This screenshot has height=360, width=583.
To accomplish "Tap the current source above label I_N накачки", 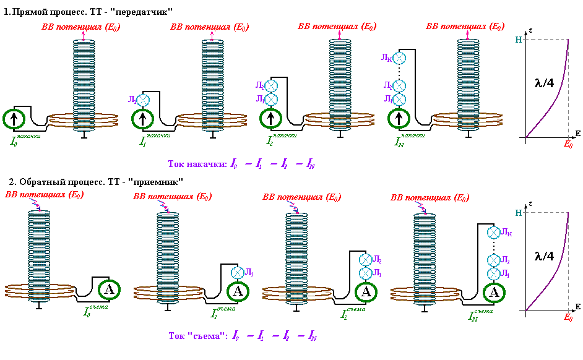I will pyautogui.click(x=399, y=118).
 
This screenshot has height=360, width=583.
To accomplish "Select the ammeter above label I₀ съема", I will pyautogui.click(x=109, y=289).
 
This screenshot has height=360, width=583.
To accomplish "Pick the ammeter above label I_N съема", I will pyautogui.click(x=493, y=293).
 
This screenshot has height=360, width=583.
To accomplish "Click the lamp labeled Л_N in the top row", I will pyautogui.click(x=400, y=58).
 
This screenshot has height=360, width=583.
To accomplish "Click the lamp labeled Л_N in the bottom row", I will pyautogui.click(x=493, y=233).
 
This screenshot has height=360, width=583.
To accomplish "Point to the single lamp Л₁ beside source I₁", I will pyautogui.click(x=143, y=99).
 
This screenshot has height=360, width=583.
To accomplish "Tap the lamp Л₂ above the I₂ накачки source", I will pyautogui.click(x=270, y=87).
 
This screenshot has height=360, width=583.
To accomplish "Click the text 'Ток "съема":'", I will pyautogui.click(x=197, y=336).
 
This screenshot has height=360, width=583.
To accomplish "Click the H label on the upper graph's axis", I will pyautogui.click(x=518, y=40).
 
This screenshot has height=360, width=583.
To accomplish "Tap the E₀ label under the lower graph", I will pyautogui.click(x=568, y=317).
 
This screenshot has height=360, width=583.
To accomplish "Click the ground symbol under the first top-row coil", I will pyautogui.click(x=84, y=135).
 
